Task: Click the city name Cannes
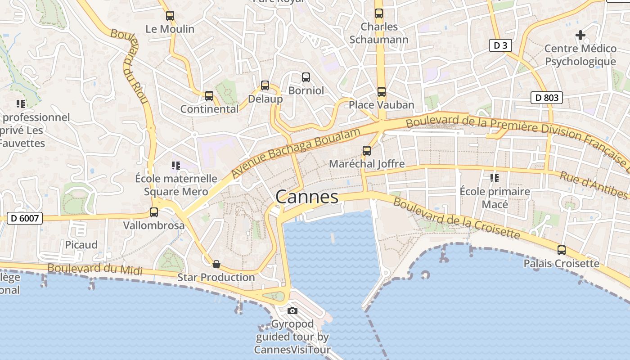click(x=306, y=197)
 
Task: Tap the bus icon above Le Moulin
click(x=170, y=16)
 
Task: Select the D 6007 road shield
click(x=25, y=219)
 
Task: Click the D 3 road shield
click(x=500, y=45)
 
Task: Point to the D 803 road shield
click(x=547, y=97)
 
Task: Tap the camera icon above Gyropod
click(x=292, y=310)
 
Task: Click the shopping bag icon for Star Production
click(x=216, y=264)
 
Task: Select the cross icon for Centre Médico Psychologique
click(x=580, y=35)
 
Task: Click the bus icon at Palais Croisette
click(x=561, y=250)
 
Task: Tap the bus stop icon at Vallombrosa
click(x=154, y=212)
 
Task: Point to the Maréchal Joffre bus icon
click(x=367, y=150)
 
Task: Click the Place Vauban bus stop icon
click(x=382, y=92)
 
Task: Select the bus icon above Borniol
click(x=306, y=77)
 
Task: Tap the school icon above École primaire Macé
click(x=495, y=178)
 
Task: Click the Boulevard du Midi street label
click(x=94, y=269)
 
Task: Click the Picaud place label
click(x=81, y=245)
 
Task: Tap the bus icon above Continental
click(x=209, y=95)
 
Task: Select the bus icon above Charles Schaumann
click(x=379, y=13)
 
